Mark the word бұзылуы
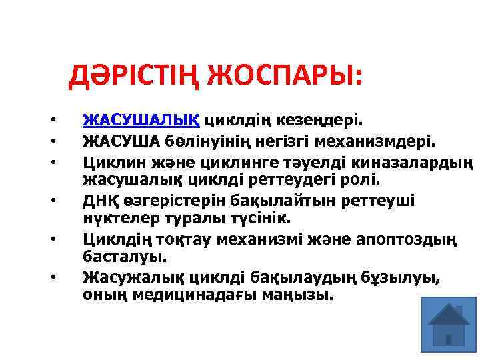point(406,276)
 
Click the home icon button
point(448,323)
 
